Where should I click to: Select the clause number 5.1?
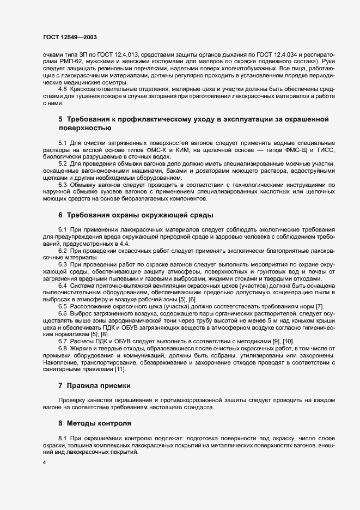[63, 142]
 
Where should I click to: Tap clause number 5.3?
[63, 185]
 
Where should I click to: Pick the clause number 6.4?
[63, 286]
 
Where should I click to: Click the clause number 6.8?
[63, 348]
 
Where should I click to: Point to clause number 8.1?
[63, 438]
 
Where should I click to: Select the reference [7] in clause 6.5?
[320, 306]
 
